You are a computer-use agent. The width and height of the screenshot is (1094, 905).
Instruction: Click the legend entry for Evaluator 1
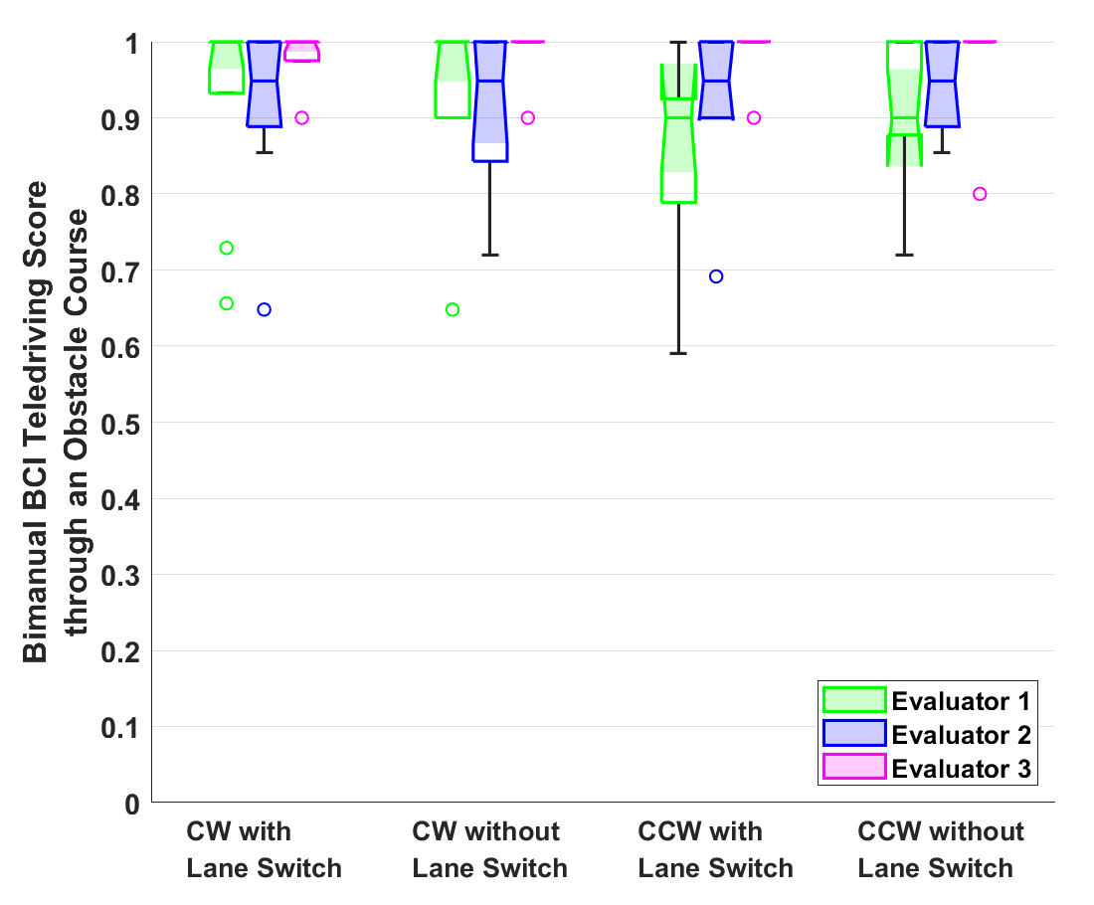tap(960, 701)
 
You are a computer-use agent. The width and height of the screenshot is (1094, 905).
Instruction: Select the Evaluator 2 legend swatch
tap(854, 734)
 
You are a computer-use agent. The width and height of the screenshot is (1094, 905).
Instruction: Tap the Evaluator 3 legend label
tap(960, 768)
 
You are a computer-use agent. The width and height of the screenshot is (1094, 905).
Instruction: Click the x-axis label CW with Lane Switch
tap(264, 849)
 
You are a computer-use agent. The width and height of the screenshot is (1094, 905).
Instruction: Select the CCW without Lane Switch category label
tap(940, 849)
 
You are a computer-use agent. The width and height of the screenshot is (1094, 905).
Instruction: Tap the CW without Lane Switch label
tap(489, 849)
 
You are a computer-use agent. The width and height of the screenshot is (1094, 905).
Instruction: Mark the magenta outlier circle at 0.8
tap(980, 194)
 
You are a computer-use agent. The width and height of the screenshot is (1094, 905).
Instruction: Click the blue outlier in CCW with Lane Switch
tap(716, 276)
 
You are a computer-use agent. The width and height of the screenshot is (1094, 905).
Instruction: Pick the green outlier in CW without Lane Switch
tap(453, 309)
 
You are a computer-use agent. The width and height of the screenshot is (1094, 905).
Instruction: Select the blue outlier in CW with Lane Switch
tap(265, 309)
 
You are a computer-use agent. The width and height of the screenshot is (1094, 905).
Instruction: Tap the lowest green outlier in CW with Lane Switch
tap(227, 303)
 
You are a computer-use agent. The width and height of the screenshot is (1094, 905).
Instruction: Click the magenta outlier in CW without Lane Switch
tap(528, 117)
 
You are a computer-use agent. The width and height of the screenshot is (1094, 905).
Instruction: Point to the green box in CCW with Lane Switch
tap(678, 139)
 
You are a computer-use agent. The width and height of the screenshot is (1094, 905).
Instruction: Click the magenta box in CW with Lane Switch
tap(302, 51)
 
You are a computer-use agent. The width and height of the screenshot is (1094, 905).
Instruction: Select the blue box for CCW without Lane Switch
tap(942, 85)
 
